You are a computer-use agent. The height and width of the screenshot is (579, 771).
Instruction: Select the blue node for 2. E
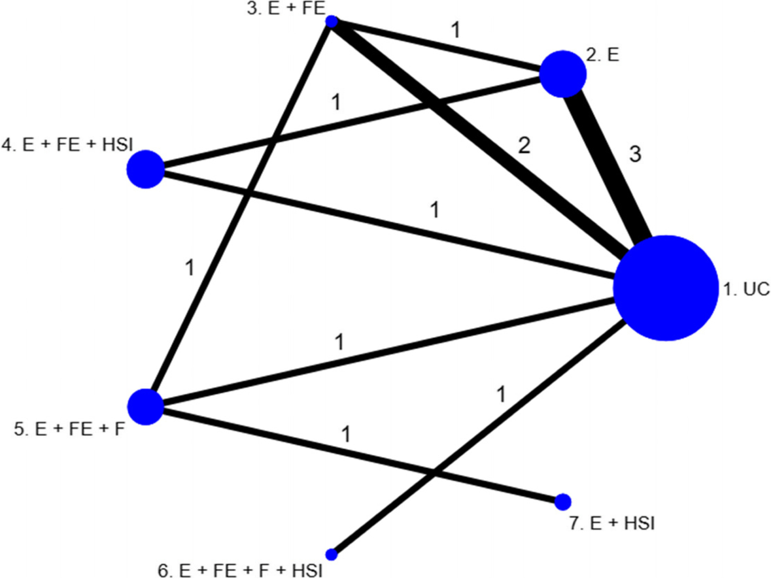(x=562, y=74)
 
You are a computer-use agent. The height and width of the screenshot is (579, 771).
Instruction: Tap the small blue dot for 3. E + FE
(x=332, y=22)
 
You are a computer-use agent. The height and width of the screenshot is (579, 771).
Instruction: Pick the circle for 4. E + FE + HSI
(x=145, y=169)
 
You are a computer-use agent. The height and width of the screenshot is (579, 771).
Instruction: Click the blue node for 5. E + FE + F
(x=145, y=406)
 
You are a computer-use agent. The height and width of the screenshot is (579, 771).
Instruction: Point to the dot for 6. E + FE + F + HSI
(x=332, y=554)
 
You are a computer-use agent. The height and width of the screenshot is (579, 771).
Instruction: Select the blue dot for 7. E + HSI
(x=562, y=502)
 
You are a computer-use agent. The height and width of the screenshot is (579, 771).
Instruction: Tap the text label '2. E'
(x=603, y=56)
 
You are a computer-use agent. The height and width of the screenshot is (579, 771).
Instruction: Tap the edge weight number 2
(x=523, y=146)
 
